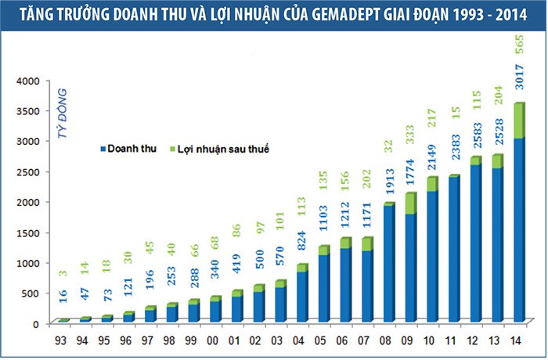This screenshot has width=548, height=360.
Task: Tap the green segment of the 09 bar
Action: (410, 203)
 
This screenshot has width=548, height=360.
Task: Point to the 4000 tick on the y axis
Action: (32, 81)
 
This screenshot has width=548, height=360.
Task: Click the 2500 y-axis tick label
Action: (32, 171)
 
